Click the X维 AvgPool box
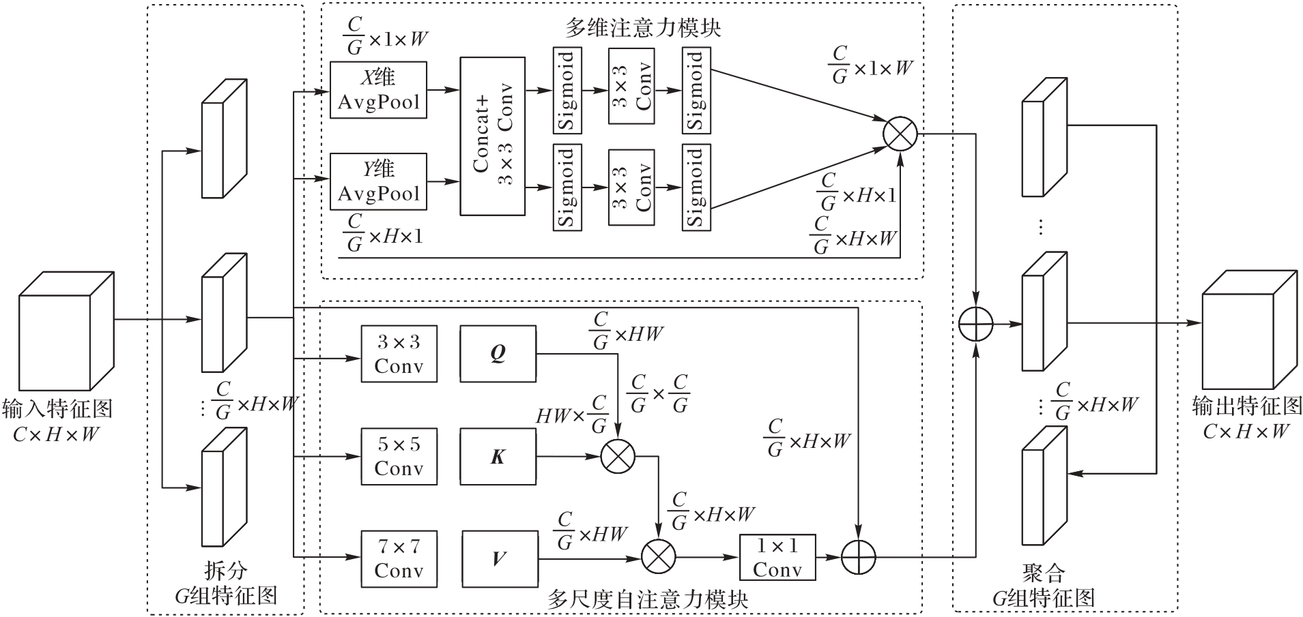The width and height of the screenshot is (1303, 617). pos(378,90)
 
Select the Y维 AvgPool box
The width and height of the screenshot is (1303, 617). pos(378,181)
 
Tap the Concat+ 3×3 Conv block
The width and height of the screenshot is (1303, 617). pos(493,136)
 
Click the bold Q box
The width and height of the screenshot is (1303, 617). pos(498,354)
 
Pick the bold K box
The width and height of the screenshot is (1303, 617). pos(498,457)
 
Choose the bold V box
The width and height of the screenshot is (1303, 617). pos(500,559)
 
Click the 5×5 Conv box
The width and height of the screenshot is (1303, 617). pos(399,457)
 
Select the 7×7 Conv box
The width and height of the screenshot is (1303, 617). pos(399,559)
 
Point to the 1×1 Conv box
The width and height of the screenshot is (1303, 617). pos(777,558)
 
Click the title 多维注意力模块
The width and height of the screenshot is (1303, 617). pos(642,28)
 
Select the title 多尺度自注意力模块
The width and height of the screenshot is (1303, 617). pos(647,600)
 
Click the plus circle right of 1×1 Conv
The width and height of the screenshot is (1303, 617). pos(858,558)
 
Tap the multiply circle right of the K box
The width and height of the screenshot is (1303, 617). pos(618,457)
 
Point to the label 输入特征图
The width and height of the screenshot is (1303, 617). pos(57,409)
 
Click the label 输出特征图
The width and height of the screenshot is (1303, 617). pos(1246,406)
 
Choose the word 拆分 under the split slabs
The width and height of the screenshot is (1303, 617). pos(225,571)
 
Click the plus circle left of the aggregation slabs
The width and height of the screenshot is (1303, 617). pos(976,324)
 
